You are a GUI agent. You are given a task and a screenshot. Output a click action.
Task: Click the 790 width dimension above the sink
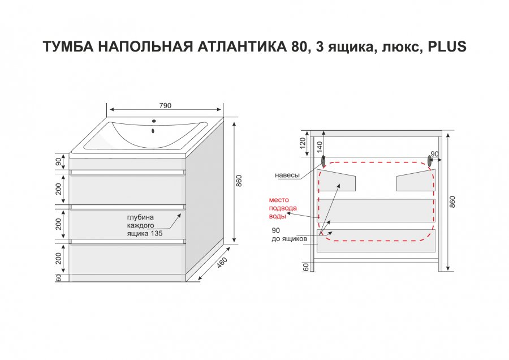[165, 106]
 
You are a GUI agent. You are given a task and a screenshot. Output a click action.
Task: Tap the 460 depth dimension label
[222, 263]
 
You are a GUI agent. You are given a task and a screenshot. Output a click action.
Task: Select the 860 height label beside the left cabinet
[239, 181]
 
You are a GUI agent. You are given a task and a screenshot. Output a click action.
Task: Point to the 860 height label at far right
[452, 202]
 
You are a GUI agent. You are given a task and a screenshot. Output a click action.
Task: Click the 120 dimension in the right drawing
[303, 143]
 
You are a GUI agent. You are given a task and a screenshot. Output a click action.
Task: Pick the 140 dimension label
[320, 147]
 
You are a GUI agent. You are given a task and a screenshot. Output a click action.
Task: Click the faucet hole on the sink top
[154, 121]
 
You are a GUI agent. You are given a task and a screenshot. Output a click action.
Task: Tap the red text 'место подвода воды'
[283, 208]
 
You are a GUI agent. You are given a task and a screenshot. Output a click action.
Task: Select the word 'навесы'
[287, 175]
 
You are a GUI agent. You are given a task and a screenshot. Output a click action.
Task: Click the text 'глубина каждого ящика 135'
[145, 225]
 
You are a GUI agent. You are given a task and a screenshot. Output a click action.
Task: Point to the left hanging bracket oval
[323, 161]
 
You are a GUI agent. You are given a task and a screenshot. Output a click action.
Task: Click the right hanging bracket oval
[430, 161]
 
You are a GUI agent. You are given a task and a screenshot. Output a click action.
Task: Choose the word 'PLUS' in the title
[447, 46]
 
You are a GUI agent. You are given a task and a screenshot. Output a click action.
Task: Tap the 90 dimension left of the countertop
[58, 161]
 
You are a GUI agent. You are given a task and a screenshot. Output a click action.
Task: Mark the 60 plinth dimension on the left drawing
[58, 278]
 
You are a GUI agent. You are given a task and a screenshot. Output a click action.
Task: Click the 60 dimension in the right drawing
[306, 267]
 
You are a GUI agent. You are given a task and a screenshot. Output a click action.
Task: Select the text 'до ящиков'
[289, 239]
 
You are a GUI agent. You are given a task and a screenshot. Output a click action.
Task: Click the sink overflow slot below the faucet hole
[153, 131]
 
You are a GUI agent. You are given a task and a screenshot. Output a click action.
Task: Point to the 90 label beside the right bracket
[435, 154]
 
